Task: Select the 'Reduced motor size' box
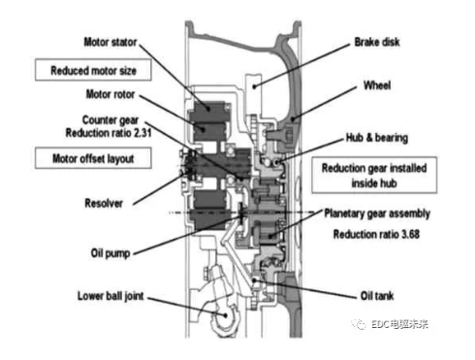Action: click(95, 70)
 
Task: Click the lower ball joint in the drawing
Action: click(222, 316)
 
